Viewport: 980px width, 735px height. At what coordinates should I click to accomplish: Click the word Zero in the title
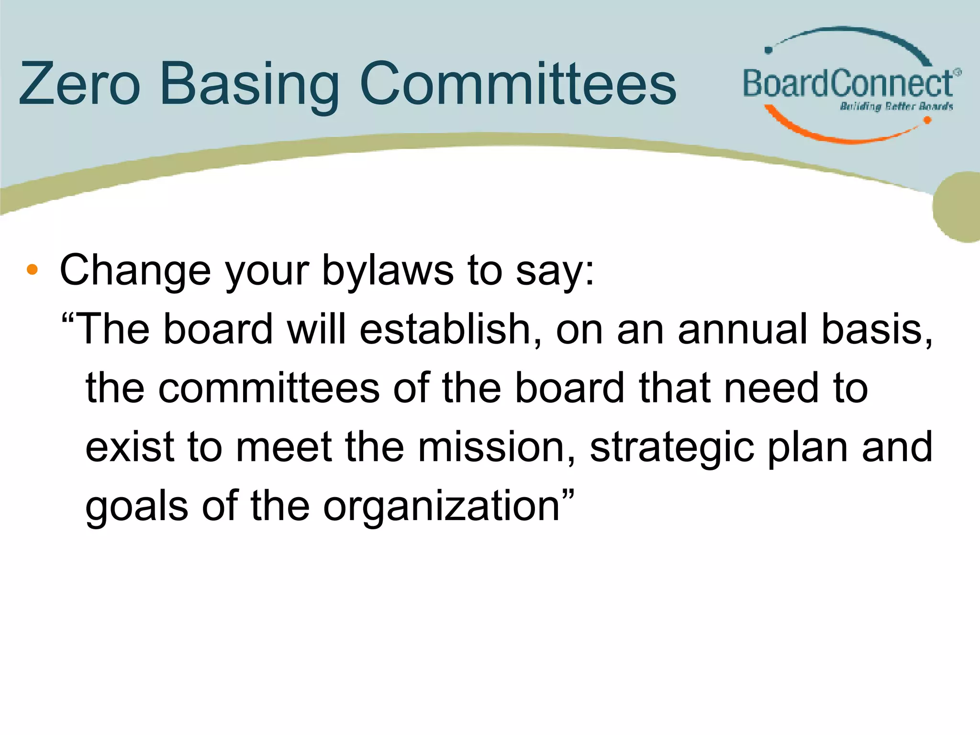[x=79, y=84]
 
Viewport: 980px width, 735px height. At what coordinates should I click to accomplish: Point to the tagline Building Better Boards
[x=896, y=106]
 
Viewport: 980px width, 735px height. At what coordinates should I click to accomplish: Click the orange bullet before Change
[x=32, y=270]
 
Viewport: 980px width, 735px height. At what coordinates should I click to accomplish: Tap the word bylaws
[x=388, y=271]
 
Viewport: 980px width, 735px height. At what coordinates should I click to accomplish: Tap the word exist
[x=129, y=447]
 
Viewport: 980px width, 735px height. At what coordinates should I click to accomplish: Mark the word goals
[x=137, y=506]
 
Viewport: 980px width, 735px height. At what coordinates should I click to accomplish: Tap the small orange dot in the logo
[x=927, y=120]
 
